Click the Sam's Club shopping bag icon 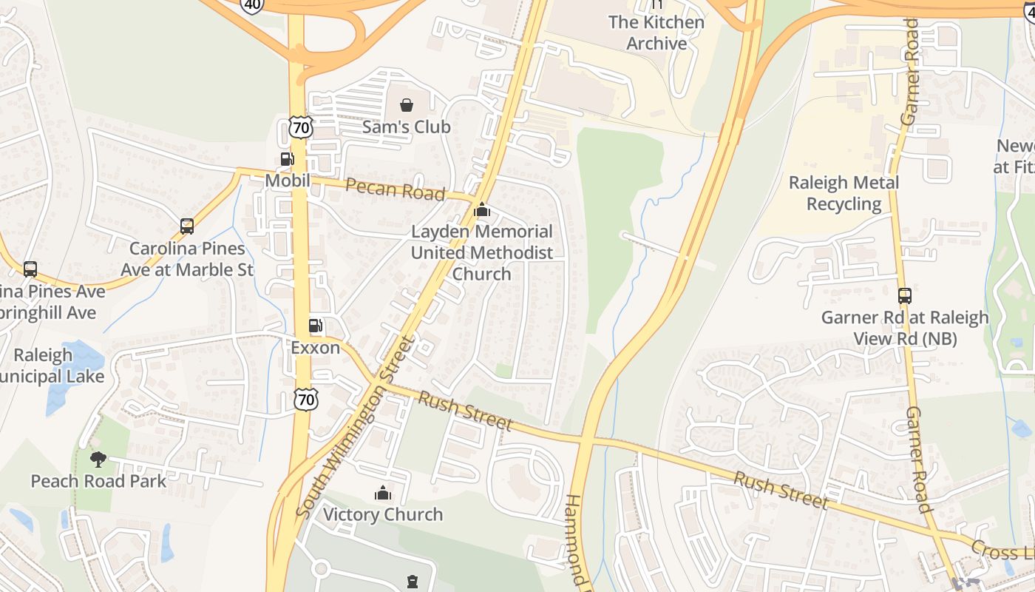[x=406, y=105]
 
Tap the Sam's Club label [x=406, y=127]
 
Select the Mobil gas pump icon [x=287, y=158]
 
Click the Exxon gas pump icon [x=315, y=325]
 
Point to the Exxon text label [x=315, y=347]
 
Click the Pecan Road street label [x=395, y=189]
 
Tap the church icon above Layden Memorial [x=482, y=210]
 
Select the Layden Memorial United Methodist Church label [x=482, y=252]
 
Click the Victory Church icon [x=383, y=492]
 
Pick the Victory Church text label [x=383, y=514]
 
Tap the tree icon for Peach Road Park [x=98, y=460]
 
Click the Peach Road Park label [x=98, y=481]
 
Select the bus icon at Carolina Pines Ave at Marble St [x=187, y=226]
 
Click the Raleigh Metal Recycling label [x=844, y=193]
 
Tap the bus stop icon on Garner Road [x=905, y=296]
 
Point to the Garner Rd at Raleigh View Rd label [x=905, y=328]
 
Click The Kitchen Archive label [x=656, y=33]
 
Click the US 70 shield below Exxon [x=305, y=400]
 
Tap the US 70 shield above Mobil [x=300, y=127]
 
